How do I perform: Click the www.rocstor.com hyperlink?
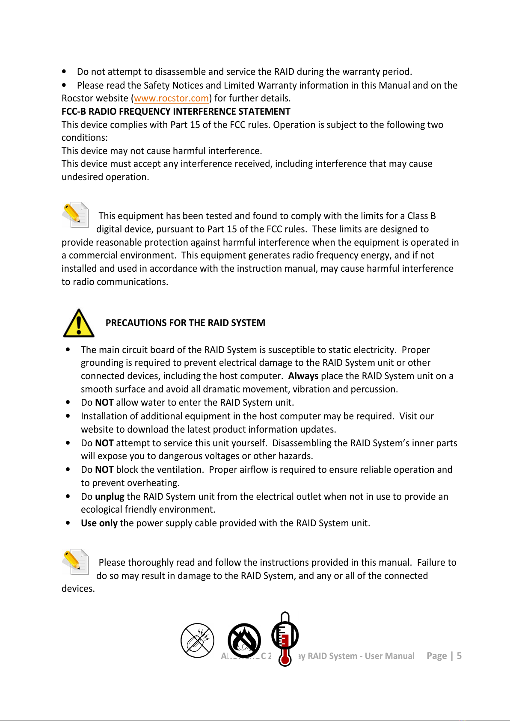pos(171,98)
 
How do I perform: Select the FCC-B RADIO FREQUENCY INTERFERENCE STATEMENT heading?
pos(176,112)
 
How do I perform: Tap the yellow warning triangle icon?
pos(79,323)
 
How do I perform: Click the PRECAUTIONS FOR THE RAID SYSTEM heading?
pos(185,323)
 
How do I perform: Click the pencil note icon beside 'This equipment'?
pos(75,215)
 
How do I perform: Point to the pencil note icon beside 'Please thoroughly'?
pos(75,561)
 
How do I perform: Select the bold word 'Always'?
pos(303,376)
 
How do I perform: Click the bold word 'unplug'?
pos(110,497)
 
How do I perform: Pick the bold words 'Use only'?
pos(99,523)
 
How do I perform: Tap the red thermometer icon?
pos(285,639)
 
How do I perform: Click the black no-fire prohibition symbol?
pos(244,641)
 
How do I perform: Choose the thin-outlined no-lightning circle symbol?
pos(197,640)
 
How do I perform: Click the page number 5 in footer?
pos(459,656)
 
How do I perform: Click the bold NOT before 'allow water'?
pos(104,403)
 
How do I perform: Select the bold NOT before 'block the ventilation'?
pos(104,470)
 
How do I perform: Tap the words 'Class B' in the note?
pos(421,216)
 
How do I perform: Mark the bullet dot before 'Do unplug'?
pos(68,496)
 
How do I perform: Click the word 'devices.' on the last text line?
pos(78,589)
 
